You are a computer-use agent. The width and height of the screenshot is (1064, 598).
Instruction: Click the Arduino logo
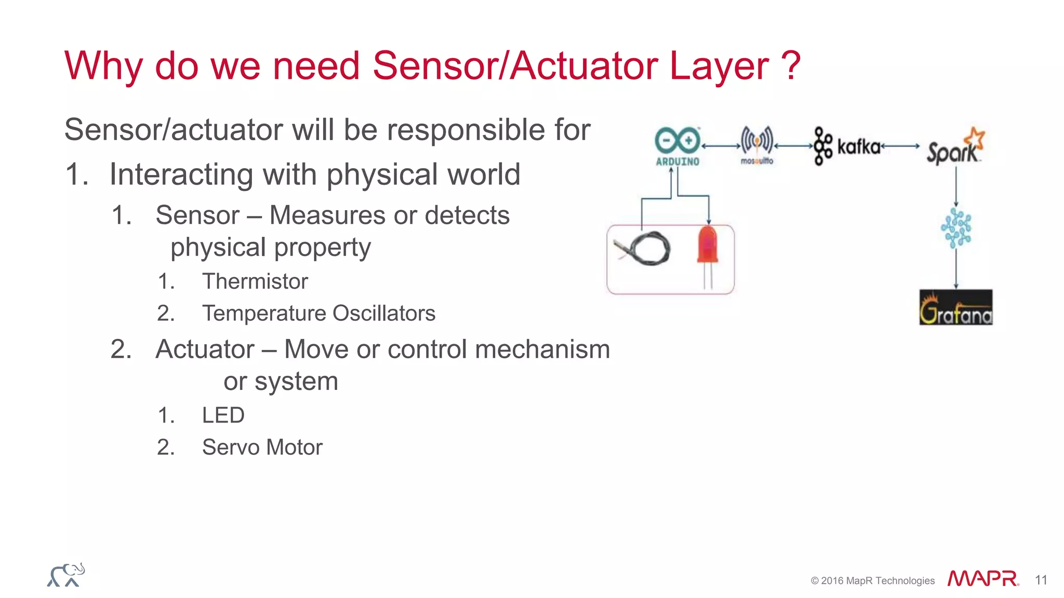(x=677, y=146)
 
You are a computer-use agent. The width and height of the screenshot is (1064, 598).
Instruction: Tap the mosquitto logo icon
(x=757, y=144)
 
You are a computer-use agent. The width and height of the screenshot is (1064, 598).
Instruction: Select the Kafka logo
(x=847, y=146)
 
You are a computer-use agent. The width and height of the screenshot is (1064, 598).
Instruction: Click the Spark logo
(x=955, y=147)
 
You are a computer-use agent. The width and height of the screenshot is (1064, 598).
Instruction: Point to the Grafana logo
(x=955, y=308)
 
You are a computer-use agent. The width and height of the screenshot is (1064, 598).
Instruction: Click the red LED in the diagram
(x=708, y=249)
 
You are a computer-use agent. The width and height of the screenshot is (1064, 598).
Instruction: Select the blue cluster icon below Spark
(x=956, y=228)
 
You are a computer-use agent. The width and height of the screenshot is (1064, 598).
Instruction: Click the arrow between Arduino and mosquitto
(x=721, y=146)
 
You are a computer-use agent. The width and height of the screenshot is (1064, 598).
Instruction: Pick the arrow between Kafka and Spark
(x=900, y=146)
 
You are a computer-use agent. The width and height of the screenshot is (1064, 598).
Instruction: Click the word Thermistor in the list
(x=255, y=281)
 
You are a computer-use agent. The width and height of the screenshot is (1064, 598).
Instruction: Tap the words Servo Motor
(x=262, y=447)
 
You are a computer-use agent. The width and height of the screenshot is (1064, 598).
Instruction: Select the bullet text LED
(x=223, y=415)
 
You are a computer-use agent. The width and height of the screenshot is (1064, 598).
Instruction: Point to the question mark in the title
(x=790, y=66)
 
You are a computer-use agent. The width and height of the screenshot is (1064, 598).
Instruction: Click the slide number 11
(x=1041, y=580)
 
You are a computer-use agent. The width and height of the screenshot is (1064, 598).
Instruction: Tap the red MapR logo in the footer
(x=982, y=578)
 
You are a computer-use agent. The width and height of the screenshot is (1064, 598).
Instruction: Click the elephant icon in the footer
(x=66, y=575)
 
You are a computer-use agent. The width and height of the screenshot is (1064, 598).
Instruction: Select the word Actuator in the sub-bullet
(x=205, y=349)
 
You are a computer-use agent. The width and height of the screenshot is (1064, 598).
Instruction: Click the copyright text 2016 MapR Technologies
(x=877, y=581)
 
